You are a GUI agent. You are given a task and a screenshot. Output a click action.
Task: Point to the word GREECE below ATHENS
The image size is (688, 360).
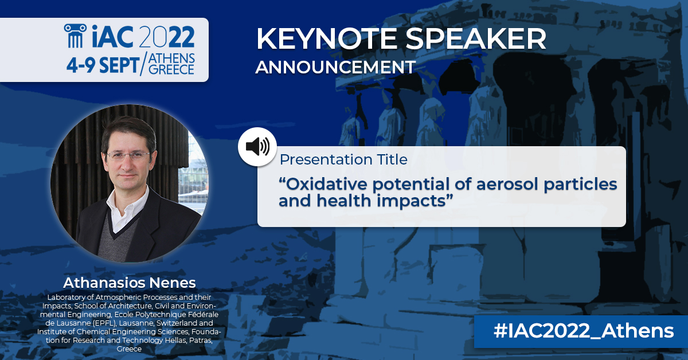(171, 70)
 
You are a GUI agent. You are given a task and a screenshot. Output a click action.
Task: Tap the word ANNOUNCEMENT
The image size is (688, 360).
(335, 67)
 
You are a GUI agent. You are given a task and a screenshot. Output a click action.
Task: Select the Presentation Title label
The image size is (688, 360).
(343, 159)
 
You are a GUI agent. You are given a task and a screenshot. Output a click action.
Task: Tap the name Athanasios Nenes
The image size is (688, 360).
(129, 283)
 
